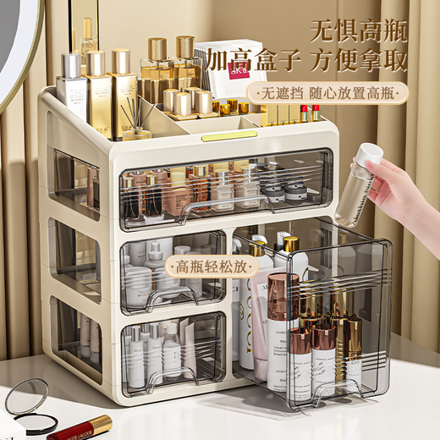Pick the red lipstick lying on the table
coord(80,427)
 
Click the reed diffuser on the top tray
coord(135,118)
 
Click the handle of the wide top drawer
coord(207,208)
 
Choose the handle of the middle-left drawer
coord(169,296)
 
